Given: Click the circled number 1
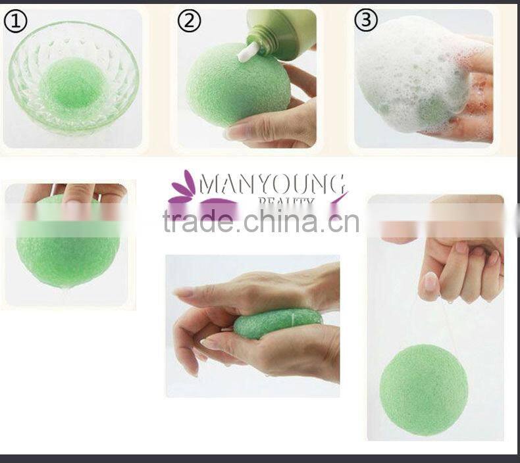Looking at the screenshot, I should click(16, 22).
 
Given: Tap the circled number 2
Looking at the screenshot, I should click(190, 21).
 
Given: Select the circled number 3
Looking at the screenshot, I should click(365, 20).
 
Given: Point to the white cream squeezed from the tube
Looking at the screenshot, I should click(249, 51).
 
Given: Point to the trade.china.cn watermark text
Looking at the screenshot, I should click(261, 222).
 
